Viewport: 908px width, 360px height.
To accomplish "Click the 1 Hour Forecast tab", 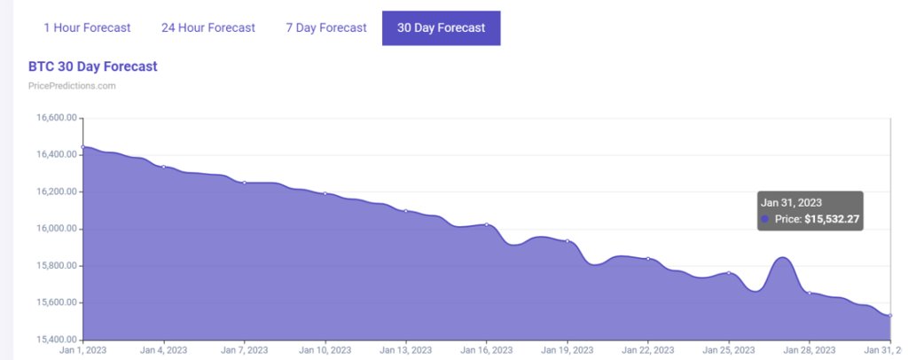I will [87, 27].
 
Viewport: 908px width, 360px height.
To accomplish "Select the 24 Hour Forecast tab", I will [208, 27].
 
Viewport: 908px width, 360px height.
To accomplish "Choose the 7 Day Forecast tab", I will [325, 27].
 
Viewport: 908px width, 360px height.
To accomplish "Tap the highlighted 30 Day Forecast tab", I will [441, 27].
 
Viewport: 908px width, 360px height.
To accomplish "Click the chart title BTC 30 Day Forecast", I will [93, 67].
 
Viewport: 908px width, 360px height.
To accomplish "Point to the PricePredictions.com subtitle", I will [72, 86].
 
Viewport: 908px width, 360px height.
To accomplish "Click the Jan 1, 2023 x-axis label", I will [82, 350].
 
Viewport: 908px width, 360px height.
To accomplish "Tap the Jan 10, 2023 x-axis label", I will [325, 350].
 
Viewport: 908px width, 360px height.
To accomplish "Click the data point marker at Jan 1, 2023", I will [82, 146].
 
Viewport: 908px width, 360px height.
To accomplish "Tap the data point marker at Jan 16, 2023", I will [487, 224].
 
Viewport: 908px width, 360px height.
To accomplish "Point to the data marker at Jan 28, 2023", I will [810, 293].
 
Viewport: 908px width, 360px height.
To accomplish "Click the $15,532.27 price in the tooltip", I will [832, 219].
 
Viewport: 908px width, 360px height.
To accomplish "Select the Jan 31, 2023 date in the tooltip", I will [791, 203].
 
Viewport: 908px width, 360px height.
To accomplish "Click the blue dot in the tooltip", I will [765, 219].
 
